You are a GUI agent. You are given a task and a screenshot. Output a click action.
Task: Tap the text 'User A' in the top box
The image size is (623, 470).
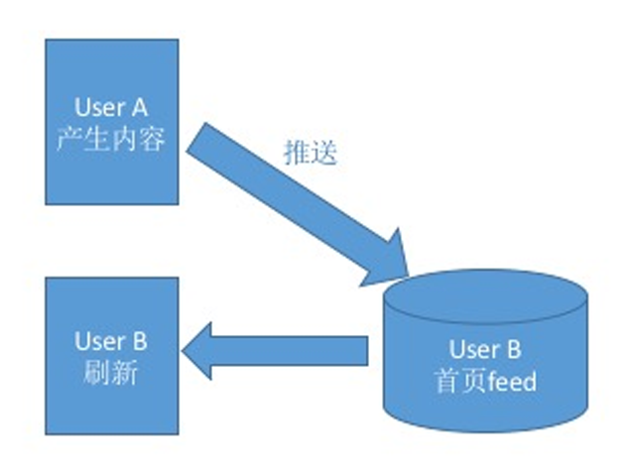point(112,106)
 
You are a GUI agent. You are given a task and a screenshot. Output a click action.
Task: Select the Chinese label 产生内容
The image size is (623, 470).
point(112,140)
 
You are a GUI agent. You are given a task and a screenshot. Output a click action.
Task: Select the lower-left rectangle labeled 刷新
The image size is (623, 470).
point(112,357)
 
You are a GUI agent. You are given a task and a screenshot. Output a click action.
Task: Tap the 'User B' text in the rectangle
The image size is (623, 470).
point(111,342)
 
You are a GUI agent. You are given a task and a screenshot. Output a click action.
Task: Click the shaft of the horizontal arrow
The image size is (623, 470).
point(298,350)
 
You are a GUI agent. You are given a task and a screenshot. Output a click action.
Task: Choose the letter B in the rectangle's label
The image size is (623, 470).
point(140,342)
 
